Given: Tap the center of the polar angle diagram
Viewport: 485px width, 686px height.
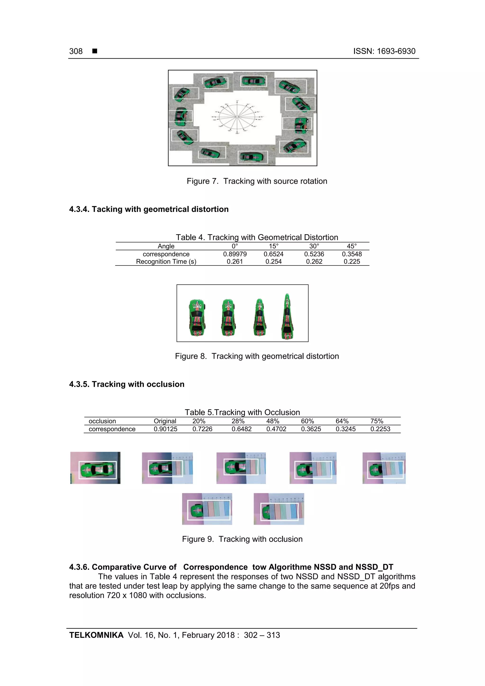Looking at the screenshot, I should (x=237, y=117).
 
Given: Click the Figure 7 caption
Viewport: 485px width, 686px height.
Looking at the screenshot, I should (x=257, y=181).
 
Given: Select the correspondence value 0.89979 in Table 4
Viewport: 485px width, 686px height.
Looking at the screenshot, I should (x=235, y=254).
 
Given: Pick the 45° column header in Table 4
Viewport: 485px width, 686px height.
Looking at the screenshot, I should (x=351, y=246).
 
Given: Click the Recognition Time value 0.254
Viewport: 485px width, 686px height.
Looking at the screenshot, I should (x=274, y=262).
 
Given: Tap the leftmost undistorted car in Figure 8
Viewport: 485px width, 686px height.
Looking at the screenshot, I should (x=197, y=318).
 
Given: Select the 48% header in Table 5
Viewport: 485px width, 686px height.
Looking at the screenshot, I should (x=273, y=421).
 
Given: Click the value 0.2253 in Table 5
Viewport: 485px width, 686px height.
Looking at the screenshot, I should (x=380, y=429).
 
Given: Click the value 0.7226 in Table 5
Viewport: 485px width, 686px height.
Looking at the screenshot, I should (x=202, y=429).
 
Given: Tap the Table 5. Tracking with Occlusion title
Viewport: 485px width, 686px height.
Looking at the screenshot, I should (x=242, y=412).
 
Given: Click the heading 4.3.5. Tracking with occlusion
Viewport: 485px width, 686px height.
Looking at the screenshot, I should (x=127, y=384).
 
